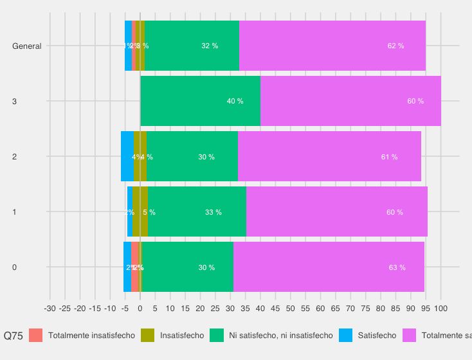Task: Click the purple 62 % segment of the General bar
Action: coord(332,46)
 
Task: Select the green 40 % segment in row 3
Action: coord(200,101)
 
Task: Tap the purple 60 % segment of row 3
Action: coord(350,101)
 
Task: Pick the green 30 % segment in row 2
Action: coord(192,156)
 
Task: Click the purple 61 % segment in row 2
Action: coord(329,156)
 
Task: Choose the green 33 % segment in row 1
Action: coord(197,212)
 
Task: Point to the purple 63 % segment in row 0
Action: coord(329,267)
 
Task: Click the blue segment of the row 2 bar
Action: coord(127,156)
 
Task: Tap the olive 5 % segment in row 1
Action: coord(140,212)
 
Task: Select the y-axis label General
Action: coord(27,46)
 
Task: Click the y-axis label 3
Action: coord(15,102)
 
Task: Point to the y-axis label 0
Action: coord(15,267)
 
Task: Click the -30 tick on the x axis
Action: coord(50,309)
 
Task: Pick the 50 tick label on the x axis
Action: coord(291,309)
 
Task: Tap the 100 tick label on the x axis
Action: coord(441,309)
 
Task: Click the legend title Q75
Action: coord(14,336)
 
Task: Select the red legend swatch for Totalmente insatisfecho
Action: coord(36,336)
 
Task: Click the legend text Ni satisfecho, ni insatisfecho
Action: coord(280,336)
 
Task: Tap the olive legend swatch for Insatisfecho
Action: coord(148,336)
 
